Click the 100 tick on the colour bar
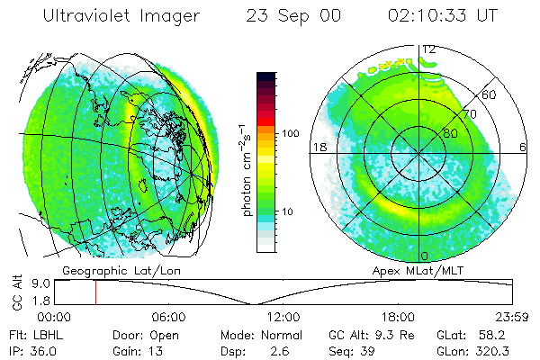pyautogui.click(x=291, y=132)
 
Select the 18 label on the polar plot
pyautogui.click(x=319, y=147)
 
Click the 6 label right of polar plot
pyautogui.click(x=525, y=147)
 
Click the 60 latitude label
pyautogui.click(x=490, y=94)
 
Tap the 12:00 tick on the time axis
pyautogui.click(x=283, y=317)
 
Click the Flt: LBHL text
pyautogui.click(x=32, y=335)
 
